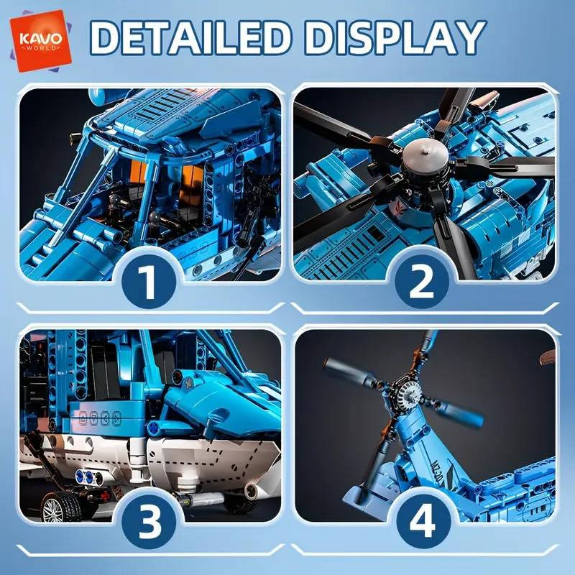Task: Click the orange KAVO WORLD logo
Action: [x=40, y=40]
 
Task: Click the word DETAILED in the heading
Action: [x=191, y=38]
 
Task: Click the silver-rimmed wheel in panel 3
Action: [x=60, y=508]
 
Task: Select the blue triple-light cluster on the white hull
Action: [x=87, y=477]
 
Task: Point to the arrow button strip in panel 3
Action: [x=100, y=418]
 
